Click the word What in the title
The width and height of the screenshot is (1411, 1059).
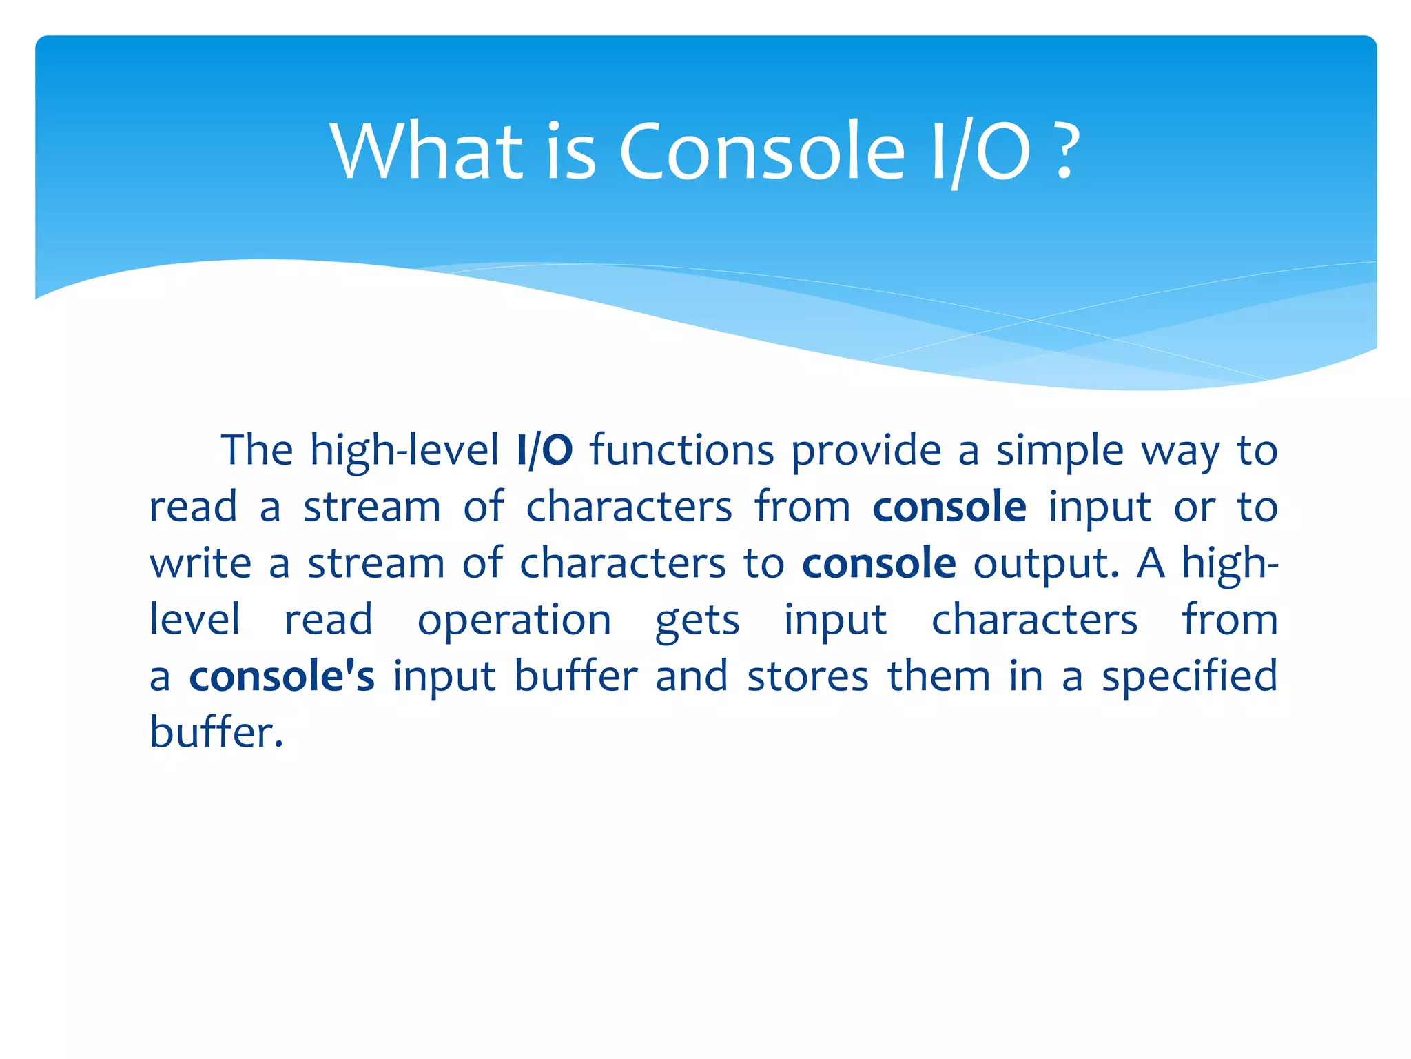pos(426,151)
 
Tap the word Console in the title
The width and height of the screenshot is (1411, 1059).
pos(761,151)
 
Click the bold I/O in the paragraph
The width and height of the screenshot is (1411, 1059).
pos(544,450)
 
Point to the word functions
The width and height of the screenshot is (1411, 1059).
pos(682,450)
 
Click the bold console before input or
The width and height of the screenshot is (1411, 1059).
pos(949,507)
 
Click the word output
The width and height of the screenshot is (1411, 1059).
pos(1045,564)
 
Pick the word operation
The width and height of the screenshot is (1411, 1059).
pos(514,621)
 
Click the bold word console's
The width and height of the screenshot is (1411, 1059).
pos(282,676)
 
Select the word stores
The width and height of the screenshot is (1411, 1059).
pos(807,676)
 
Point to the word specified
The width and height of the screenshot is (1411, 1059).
pos(1189,676)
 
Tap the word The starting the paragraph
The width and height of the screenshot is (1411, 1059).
pos(256,450)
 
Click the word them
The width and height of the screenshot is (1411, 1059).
pos(939,676)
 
